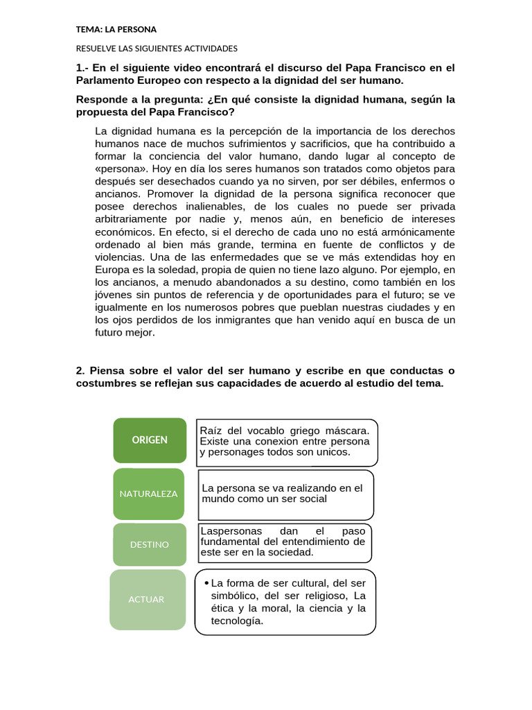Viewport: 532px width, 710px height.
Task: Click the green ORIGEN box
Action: (150, 440)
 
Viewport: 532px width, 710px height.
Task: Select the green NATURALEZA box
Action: (148, 494)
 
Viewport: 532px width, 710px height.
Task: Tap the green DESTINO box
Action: (149, 544)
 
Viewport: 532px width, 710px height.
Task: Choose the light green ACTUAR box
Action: (146, 599)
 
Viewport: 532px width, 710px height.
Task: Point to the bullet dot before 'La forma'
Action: (206, 582)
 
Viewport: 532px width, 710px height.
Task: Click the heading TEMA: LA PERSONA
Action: (116, 29)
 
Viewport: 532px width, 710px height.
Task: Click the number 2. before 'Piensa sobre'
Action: (80, 370)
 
